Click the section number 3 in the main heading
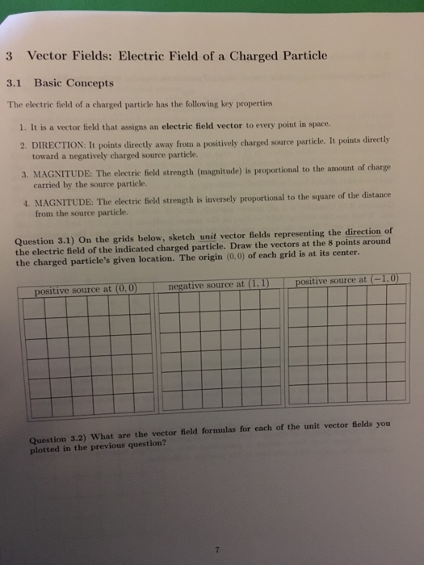(x=6, y=56)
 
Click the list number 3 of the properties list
(x=26, y=173)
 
